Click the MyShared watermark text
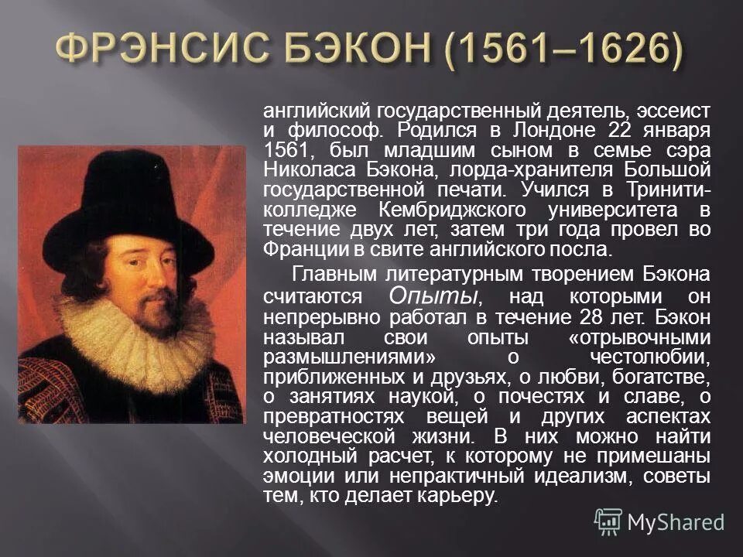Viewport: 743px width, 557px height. point(675,521)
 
